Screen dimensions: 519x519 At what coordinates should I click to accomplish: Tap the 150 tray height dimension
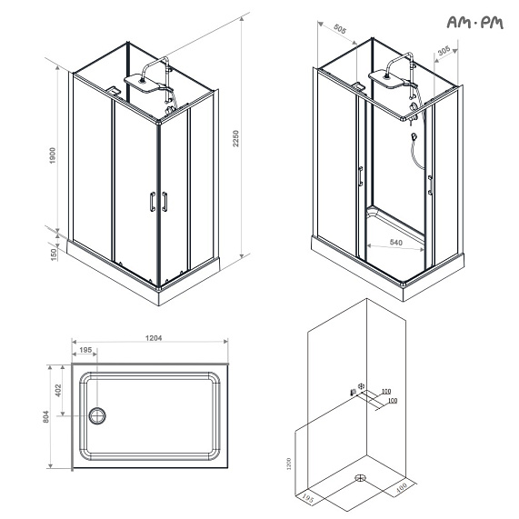[x=54, y=256]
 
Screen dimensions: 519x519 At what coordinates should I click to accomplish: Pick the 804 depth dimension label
[x=47, y=418]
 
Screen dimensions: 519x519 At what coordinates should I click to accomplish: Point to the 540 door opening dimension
[x=396, y=243]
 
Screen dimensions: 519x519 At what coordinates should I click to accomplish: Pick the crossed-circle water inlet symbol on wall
[x=363, y=385]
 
